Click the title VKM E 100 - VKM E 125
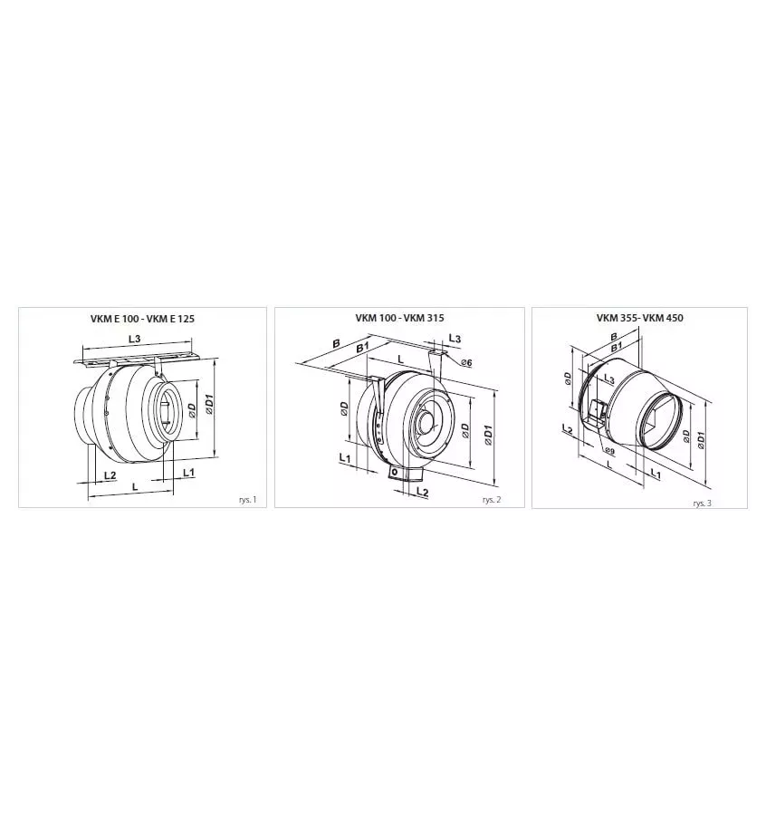(x=142, y=319)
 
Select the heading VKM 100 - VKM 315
(x=399, y=318)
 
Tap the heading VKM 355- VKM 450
(x=640, y=318)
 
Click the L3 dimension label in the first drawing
(x=135, y=339)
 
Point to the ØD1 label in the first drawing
(x=209, y=405)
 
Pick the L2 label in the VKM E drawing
(x=110, y=475)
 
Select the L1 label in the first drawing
(x=188, y=473)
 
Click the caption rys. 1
(x=248, y=500)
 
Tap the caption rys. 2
(x=492, y=500)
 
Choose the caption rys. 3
(x=702, y=503)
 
